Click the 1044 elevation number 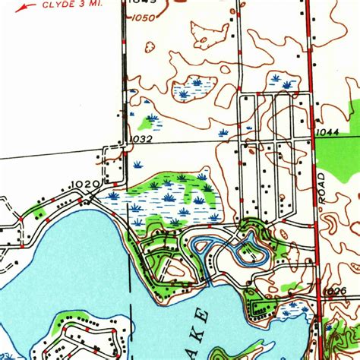coord(327,131)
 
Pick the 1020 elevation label coord(86,183)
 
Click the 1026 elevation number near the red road coord(334,292)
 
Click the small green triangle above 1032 coord(149,121)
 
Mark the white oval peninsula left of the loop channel coord(176,268)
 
